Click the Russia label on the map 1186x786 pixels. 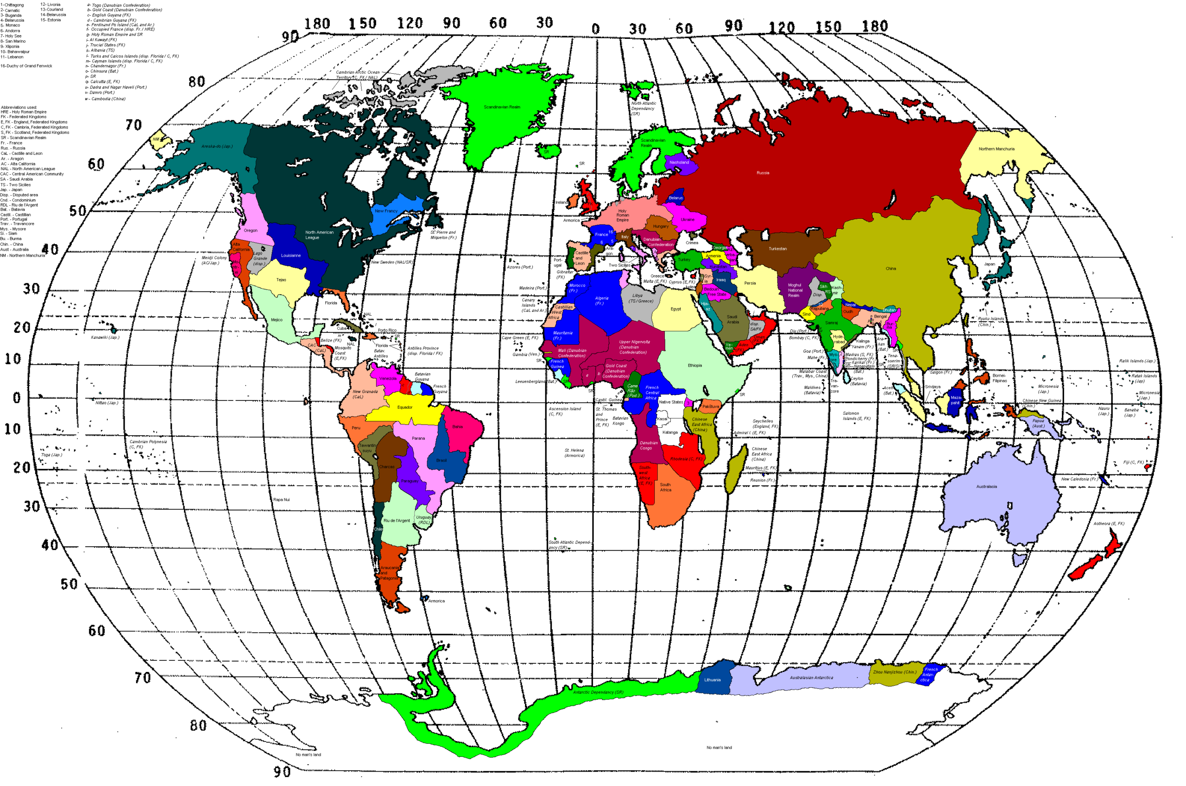tap(763, 173)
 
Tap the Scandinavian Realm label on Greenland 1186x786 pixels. tap(502, 107)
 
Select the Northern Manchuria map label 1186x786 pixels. tap(996, 149)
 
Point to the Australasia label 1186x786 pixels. tap(986, 487)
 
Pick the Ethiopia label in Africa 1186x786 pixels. tap(694, 366)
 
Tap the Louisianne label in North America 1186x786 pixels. tap(290, 256)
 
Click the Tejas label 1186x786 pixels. tap(281, 280)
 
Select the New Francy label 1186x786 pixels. tap(386, 211)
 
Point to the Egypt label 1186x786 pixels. tap(675, 309)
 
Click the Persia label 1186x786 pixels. tap(750, 284)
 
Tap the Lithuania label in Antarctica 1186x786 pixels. tap(712, 680)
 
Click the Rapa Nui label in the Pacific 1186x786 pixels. tap(281, 500)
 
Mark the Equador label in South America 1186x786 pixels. tap(404, 407)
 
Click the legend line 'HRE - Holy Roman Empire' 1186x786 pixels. tap(24, 112)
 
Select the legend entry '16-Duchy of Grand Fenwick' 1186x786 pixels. tap(26, 66)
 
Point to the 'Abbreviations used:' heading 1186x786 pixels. tap(19, 107)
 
